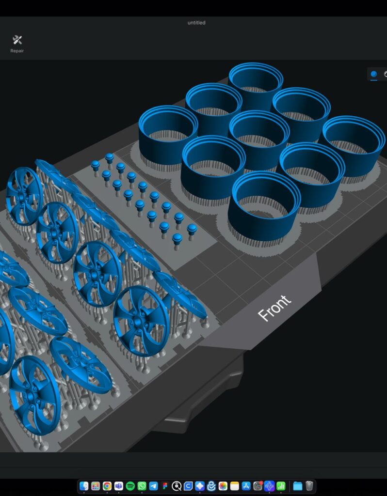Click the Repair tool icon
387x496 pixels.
17,40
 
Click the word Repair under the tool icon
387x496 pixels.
17,50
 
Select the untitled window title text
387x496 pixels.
196,23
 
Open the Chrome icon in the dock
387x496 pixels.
107,486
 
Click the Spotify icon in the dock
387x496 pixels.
130,486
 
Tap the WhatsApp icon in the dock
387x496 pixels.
142,486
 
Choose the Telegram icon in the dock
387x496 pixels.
153,486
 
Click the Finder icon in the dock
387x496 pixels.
84,486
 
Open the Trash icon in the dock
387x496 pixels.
309,486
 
